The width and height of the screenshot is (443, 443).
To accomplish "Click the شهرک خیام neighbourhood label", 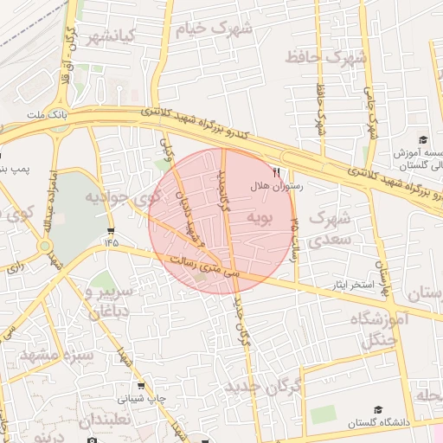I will coord(214,29).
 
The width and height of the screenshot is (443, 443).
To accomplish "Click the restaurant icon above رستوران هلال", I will coord(277,172).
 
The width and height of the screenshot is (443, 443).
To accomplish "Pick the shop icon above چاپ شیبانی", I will coord(140,386).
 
